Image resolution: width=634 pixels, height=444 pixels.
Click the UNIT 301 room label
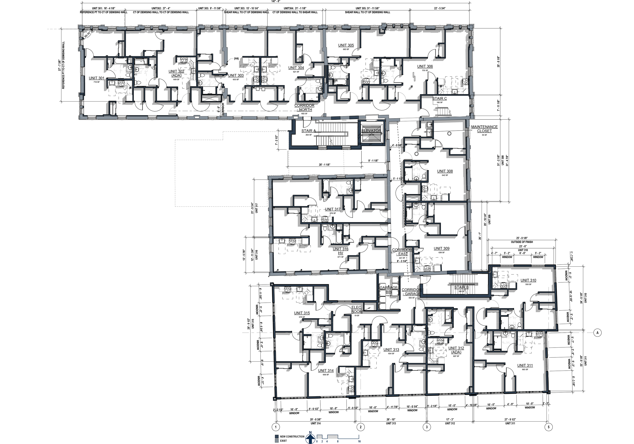(x=97, y=78)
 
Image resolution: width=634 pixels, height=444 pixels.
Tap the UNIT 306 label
(x=425, y=66)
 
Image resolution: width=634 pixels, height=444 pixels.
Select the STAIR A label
(x=309, y=131)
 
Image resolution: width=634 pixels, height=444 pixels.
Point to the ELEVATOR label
(x=371, y=131)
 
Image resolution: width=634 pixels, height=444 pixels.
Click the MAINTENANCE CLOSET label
(x=484, y=129)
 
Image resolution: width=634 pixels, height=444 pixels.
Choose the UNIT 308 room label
(x=445, y=171)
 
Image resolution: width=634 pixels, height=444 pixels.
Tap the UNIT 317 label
(x=333, y=209)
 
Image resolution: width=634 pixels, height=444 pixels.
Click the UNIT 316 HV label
(x=340, y=251)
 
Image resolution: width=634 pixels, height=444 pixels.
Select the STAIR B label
(x=461, y=287)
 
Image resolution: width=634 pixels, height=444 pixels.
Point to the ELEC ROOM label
(x=356, y=309)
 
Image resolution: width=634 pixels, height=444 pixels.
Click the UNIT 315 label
(x=302, y=313)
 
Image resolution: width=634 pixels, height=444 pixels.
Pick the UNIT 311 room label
(x=525, y=365)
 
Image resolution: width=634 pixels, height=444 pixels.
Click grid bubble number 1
(x=275, y=427)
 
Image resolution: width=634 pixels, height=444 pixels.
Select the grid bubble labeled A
(x=597, y=333)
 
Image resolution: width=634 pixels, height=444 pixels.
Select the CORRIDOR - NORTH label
(x=304, y=107)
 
